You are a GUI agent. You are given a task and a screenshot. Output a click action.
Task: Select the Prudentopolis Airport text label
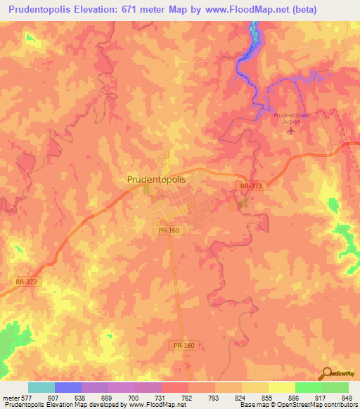pyautogui.click(x=286, y=117)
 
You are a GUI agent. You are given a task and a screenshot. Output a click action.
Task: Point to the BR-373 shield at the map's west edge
pyautogui.click(x=25, y=281)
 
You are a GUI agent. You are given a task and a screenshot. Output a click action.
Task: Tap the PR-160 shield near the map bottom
pyautogui.click(x=182, y=346)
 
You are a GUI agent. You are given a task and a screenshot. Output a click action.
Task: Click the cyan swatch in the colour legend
pyautogui.click(x=41, y=387)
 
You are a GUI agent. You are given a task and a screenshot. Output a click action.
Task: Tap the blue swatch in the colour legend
pyautogui.click(x=68, y=387)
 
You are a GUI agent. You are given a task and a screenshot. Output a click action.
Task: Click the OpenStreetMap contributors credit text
pyautogui.click(x=317, y=405)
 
